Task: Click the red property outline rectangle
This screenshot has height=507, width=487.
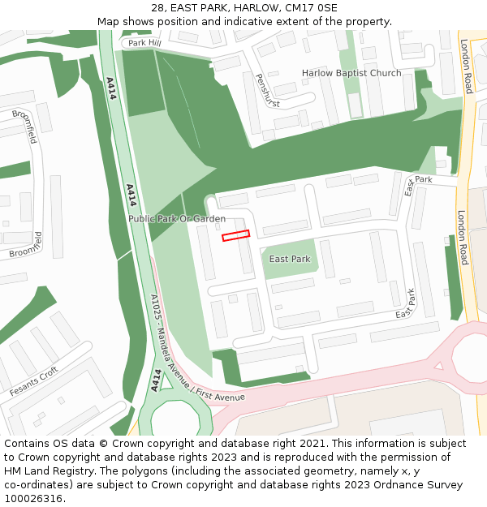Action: [235, 235]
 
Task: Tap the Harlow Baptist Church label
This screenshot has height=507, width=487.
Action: [351, 73]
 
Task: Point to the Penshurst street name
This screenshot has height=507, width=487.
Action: [267, 92]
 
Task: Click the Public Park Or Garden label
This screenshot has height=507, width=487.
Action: [177, 219]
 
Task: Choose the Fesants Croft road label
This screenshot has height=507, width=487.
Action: [34, 381]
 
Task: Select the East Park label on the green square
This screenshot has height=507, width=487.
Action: [290, 260]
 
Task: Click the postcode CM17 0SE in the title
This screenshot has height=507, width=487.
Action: [313, 8]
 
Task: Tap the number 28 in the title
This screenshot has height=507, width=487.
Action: [157, 8]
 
